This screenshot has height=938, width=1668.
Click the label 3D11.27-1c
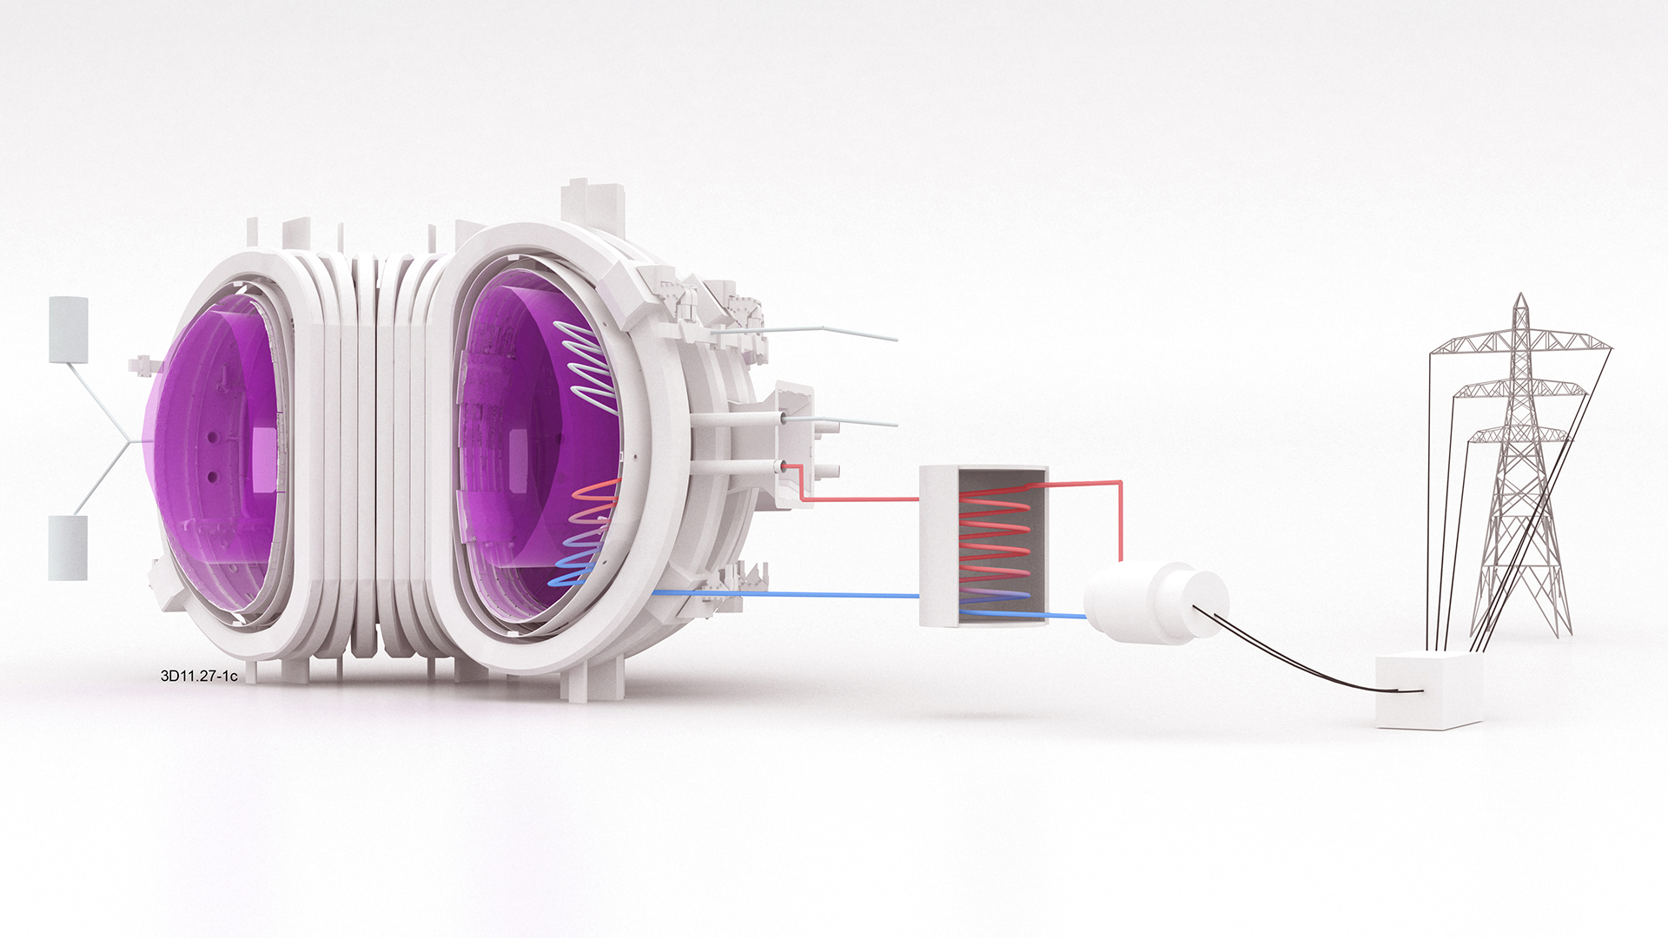[199, 676]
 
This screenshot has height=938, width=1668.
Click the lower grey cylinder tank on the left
[68, 547]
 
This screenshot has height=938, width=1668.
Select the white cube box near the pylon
[1429, 690]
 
